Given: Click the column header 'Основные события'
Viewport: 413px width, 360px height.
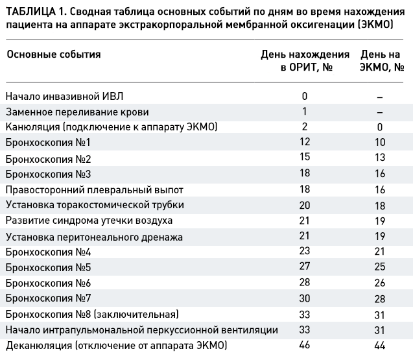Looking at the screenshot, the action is pyautogui.click(x=54, y=54).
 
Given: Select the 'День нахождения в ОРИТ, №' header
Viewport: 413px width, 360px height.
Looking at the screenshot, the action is pyautogui.click(x=305, y=61).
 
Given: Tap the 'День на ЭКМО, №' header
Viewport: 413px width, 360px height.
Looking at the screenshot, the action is pyautogui.click(x=382, y=61).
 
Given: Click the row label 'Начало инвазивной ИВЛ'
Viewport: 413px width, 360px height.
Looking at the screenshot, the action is pyautogui.click(x=65, y=97).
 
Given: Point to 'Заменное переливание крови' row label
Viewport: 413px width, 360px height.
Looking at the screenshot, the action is pyautogui.click(x=77, y=112).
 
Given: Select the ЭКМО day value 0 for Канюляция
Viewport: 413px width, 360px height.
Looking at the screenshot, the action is pyautogui.click(x=379, y=127).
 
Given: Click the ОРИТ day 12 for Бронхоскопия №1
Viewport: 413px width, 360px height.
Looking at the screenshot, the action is pyautogui.click(x=305, y=142).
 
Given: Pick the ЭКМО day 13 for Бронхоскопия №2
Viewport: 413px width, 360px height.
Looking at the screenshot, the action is pyautogui.click(x=380, y=158).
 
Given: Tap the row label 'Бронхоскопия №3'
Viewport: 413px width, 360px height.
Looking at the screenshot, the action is pyautogui.click(x=48, y=174).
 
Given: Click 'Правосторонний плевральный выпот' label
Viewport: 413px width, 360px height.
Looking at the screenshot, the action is pyautogui.click(x=95, y=190).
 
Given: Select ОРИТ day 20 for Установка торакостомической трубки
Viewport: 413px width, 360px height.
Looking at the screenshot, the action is pyautogui.click(x=305, y=205).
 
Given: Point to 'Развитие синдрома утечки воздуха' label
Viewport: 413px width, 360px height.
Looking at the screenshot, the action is pyautogui.click(x=89, y=221).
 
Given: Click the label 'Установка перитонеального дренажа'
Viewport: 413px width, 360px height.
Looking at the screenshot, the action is pyautogui.click(x=94, y=237).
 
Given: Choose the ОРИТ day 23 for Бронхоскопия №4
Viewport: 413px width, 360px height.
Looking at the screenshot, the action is pyautogui.click(x=305, y=250).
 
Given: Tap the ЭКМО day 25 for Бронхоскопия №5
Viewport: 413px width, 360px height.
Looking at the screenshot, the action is pyautogui.click(x=380, y=267).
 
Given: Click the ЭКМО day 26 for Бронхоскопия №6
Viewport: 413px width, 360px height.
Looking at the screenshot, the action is pyautogui.click(x=380, y=283).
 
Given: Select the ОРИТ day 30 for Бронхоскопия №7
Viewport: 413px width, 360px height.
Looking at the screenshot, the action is pyautogui.click(x=305, y=298).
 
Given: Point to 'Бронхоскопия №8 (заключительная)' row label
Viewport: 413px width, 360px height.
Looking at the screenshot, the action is pyautogui.click(x=92, y=315).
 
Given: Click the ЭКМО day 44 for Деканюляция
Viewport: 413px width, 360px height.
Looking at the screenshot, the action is pyautogui.click(x=380, y=345).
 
